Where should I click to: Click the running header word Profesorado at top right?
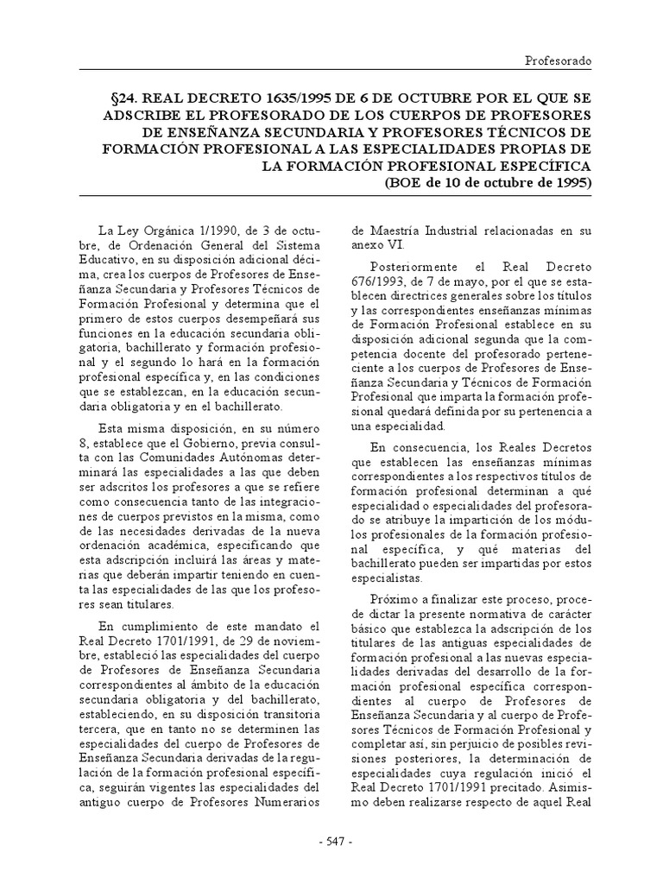click(559, 62)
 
